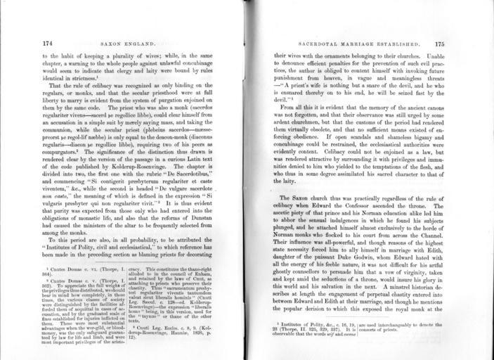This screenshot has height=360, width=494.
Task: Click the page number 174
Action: (x=47, y=42)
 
